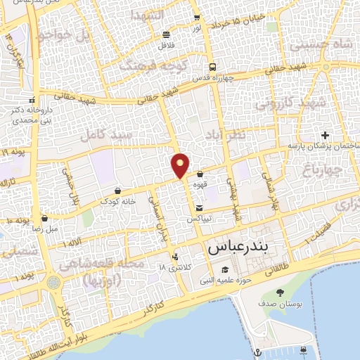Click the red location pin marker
pos(181,165)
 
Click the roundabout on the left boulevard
pos(54,282)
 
